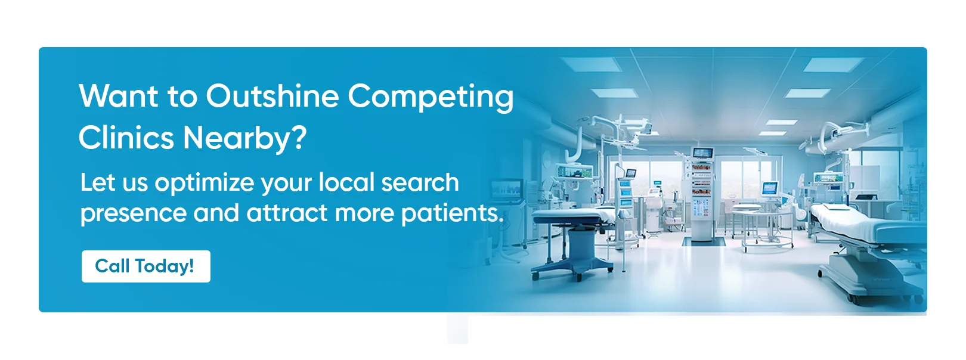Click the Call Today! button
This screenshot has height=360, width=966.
point(145,266)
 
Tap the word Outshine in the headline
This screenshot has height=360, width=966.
point(272,96)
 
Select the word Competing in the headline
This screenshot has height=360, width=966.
point(431,98)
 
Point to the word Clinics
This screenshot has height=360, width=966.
point(126,137)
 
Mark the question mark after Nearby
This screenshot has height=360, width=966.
point(298,137)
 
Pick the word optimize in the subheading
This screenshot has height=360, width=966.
point(205,183)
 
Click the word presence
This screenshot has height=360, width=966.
point(133,214)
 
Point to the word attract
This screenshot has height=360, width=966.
point(287,213)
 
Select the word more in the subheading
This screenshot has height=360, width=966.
point(364,215)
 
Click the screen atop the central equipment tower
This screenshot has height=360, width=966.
point(702,153)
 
